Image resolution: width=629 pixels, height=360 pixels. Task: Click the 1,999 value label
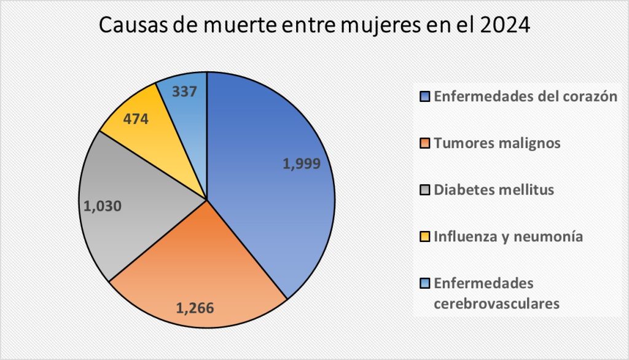pyautogui.click(x=302, y=164)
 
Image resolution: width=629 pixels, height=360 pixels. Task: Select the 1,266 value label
pyautogui.click(x=195, y=307)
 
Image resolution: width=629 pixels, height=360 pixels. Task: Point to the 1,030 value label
pyautogui.click(x=101, y=206)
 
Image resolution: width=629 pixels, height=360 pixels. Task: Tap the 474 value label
pyautogui.click(x=136, y=119)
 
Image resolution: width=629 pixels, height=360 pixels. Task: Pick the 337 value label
pyautogui.click(x=185, y=92)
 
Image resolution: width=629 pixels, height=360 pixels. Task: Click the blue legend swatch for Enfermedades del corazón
pyautogui.click(x=425, y=96)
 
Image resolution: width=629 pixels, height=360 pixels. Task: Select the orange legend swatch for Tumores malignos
pyautogui.click(x=425, y=143)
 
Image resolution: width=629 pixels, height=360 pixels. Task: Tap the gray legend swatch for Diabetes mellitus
pyautogui.click(x=425, y=190)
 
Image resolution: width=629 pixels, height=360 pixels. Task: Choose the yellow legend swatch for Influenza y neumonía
pyautogui.click(x=425, y=237)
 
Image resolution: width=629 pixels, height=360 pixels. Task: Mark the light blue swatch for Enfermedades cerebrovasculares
pyautogui.click(x=425, y=283)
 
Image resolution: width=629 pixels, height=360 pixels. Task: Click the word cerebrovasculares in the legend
pyautogui.click(x=496, y=303)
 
